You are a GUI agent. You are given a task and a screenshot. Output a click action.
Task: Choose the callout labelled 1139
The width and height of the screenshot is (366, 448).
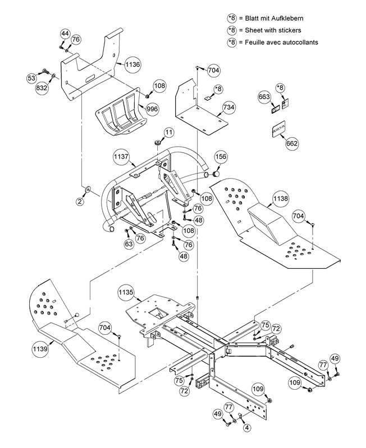click(40, 349)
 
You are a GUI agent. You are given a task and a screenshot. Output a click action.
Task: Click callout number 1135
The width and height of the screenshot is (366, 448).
click(126, 292)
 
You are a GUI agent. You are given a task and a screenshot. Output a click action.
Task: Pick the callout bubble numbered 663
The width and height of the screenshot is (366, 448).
click(264, 96)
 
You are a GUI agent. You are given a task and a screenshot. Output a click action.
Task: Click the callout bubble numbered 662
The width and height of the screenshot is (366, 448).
click(292, 144)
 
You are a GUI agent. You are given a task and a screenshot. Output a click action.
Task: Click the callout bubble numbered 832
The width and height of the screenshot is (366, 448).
click(43, 88)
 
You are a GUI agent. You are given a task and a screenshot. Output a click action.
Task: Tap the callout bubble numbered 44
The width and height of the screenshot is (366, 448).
click(65, 35)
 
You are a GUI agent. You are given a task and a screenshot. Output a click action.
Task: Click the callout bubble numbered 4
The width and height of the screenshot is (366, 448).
click(245, 427)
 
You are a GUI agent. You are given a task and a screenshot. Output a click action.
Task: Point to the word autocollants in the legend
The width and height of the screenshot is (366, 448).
click(299, 42)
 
